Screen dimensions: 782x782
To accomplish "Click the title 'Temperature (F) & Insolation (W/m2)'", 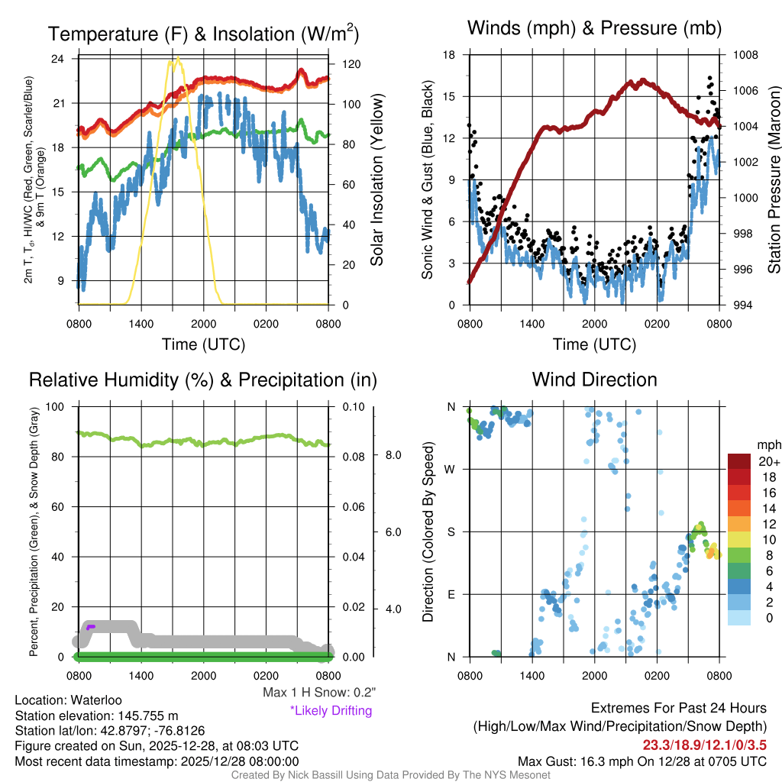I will (203, 34).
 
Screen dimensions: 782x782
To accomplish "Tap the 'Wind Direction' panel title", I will (594, 380).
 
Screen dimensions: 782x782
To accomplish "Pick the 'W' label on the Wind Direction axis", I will (451, 469).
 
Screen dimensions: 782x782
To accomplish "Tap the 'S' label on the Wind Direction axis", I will (451, 532).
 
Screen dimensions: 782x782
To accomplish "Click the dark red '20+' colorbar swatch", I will (739, 461).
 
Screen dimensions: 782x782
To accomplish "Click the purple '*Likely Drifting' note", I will (331, 711).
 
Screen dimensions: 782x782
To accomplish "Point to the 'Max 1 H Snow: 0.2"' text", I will (318, 693).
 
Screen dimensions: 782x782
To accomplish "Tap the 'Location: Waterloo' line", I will (68, 700).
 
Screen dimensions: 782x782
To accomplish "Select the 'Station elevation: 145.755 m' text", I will (96, 716).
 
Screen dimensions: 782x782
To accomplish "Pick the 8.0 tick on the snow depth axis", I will (392, 455).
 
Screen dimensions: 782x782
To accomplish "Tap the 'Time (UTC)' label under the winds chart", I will (594, 344).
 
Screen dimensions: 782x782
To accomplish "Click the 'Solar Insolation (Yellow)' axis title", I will (376, 180).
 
